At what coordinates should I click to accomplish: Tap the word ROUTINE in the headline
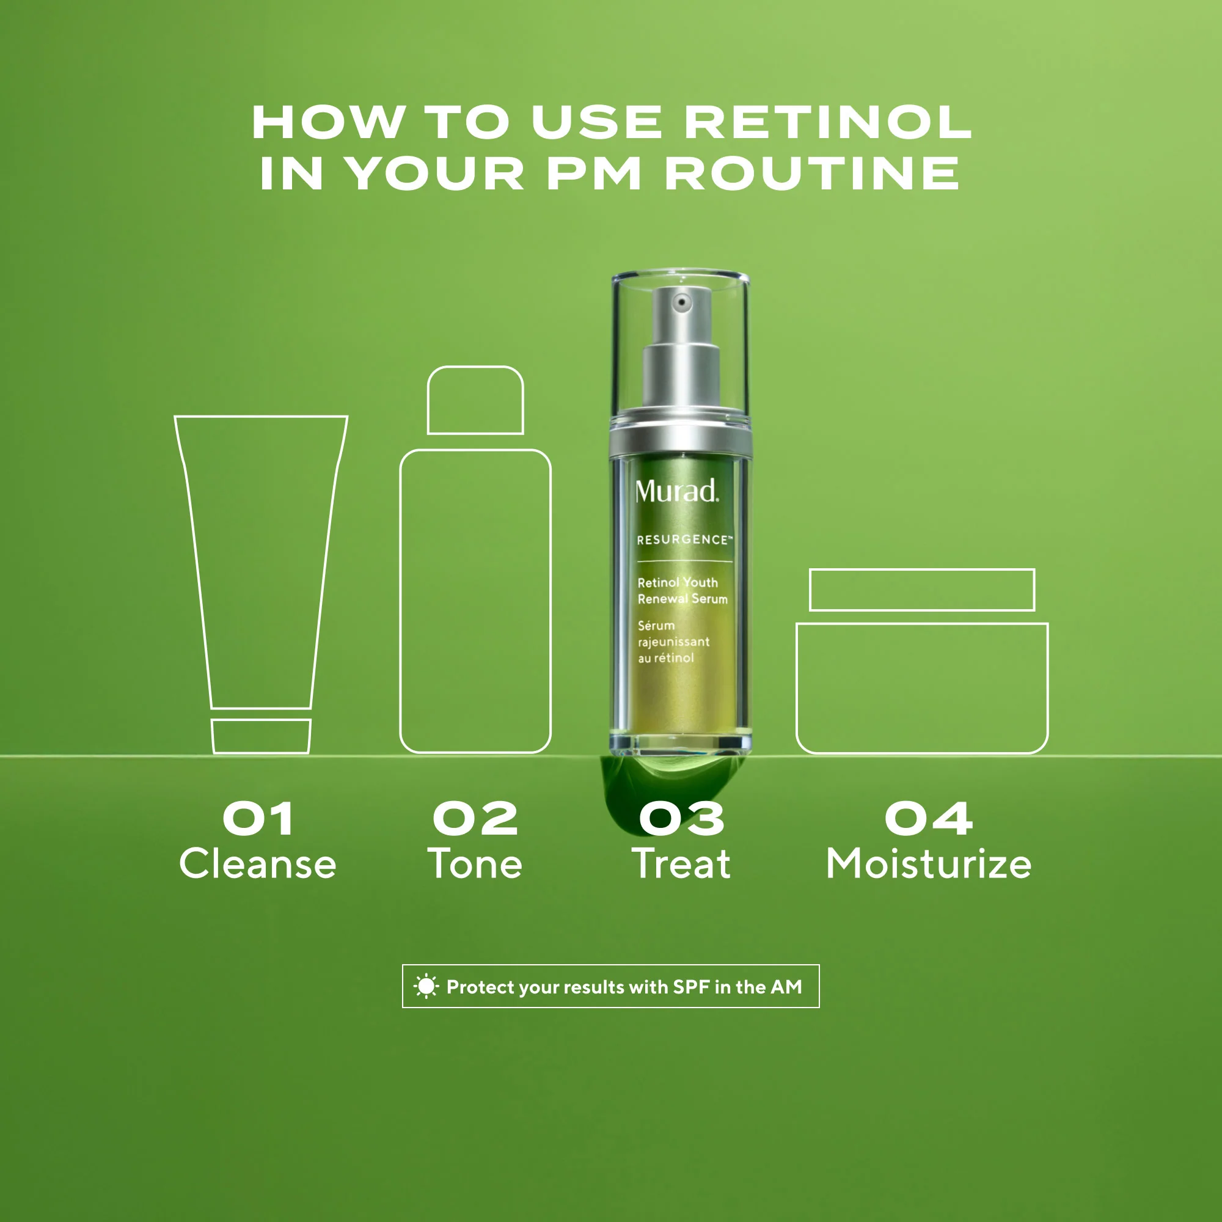click(x=812, y=174)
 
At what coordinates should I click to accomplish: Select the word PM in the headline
click(x=594, y=174)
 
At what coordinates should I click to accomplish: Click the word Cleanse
click(x=257, y=864)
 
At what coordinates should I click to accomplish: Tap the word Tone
click(x=475, y=864)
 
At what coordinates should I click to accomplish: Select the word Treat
click(x=681, y=864)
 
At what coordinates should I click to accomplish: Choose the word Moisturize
click(x=929, y=864)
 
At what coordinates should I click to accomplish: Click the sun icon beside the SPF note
click(x=426, y=986)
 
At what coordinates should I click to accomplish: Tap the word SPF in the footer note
click(x=690, y=987)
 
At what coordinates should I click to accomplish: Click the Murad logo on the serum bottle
click(x=677, y=491)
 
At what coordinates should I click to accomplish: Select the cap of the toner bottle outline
click(x=475, y=400)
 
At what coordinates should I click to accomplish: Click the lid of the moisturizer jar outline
click(x=921, y=590)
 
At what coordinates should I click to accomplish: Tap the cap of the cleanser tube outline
click(x=261, y=736)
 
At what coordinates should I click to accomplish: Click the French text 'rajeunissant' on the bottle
click(x=673, y=642)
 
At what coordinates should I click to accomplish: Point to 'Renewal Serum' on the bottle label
click(x=682, y=599)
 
